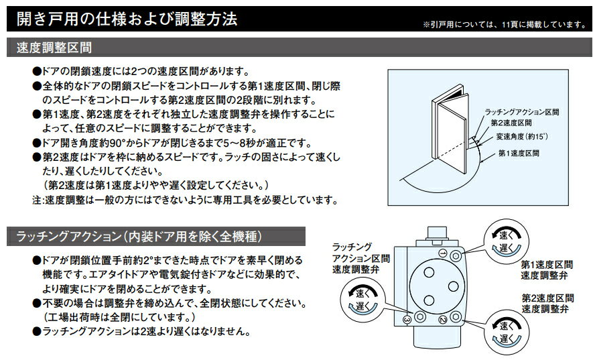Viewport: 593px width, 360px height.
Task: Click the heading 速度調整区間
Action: click(x=54, y=48)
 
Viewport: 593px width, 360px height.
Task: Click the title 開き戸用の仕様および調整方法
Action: click(x=127, y=19)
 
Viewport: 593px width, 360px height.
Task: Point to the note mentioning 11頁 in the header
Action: click(x=505, y=25)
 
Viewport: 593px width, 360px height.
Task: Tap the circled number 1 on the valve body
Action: click(x=443, y=253)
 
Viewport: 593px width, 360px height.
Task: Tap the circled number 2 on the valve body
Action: click(x=443, y=320)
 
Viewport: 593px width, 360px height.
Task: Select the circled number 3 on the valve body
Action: click(x=407, y=320)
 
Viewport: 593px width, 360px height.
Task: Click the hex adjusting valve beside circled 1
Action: click(x=456, y=256)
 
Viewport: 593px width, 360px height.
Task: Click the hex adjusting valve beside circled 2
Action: click(x=456, y=316)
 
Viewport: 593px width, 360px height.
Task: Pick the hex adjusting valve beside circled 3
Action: click(x=419, y=316)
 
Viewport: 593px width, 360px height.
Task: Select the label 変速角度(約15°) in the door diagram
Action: click(x=522, y=137)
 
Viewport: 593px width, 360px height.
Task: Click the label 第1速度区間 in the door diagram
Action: click(x=519, y=154)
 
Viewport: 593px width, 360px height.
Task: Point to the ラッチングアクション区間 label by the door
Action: click(x=522, y=112)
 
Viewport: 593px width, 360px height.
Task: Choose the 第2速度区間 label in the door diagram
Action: click(x=511, y=123)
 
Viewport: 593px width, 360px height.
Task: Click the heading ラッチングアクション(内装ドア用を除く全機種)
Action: click(x=139, y=237)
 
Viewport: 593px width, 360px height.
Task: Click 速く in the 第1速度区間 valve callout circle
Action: click(x=507, y=235)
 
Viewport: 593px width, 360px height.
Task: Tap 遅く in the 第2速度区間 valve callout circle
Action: click(x=507, y=339)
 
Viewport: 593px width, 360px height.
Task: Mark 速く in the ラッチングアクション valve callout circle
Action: click(x=363, y=294)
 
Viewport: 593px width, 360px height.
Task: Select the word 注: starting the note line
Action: click(x=39, y=200)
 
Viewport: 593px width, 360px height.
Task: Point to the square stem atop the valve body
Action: click(x=437, y=233)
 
